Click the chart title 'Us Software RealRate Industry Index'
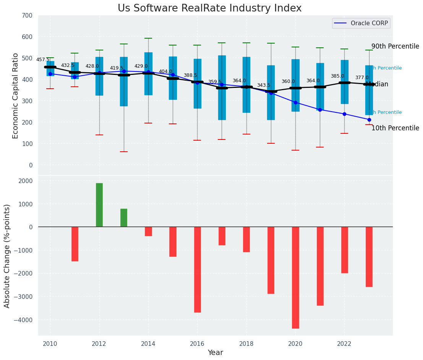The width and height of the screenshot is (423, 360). point(209,8)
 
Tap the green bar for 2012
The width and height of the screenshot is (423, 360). point(99,205)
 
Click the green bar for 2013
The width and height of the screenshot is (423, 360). point(124,218)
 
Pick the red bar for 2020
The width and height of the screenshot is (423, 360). point(295,277)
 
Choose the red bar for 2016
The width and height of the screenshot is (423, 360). point(197,269)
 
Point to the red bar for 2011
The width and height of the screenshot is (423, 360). point(75,244)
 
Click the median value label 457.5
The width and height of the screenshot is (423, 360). point(43,60)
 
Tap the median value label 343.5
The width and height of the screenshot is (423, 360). point(264,85)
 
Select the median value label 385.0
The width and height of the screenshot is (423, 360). point(337,76)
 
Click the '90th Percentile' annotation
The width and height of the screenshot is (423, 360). point(395,46)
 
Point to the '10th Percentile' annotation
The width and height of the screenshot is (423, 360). point(395,128)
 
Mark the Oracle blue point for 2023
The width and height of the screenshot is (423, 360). point(369,120)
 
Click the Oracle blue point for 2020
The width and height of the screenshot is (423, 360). point(295,102)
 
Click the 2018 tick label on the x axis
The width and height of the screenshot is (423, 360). point(246,344)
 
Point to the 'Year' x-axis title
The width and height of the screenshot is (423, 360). point(215,352)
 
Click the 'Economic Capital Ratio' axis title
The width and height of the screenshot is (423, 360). point(16,96)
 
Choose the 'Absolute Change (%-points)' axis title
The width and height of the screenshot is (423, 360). point(7,256)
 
